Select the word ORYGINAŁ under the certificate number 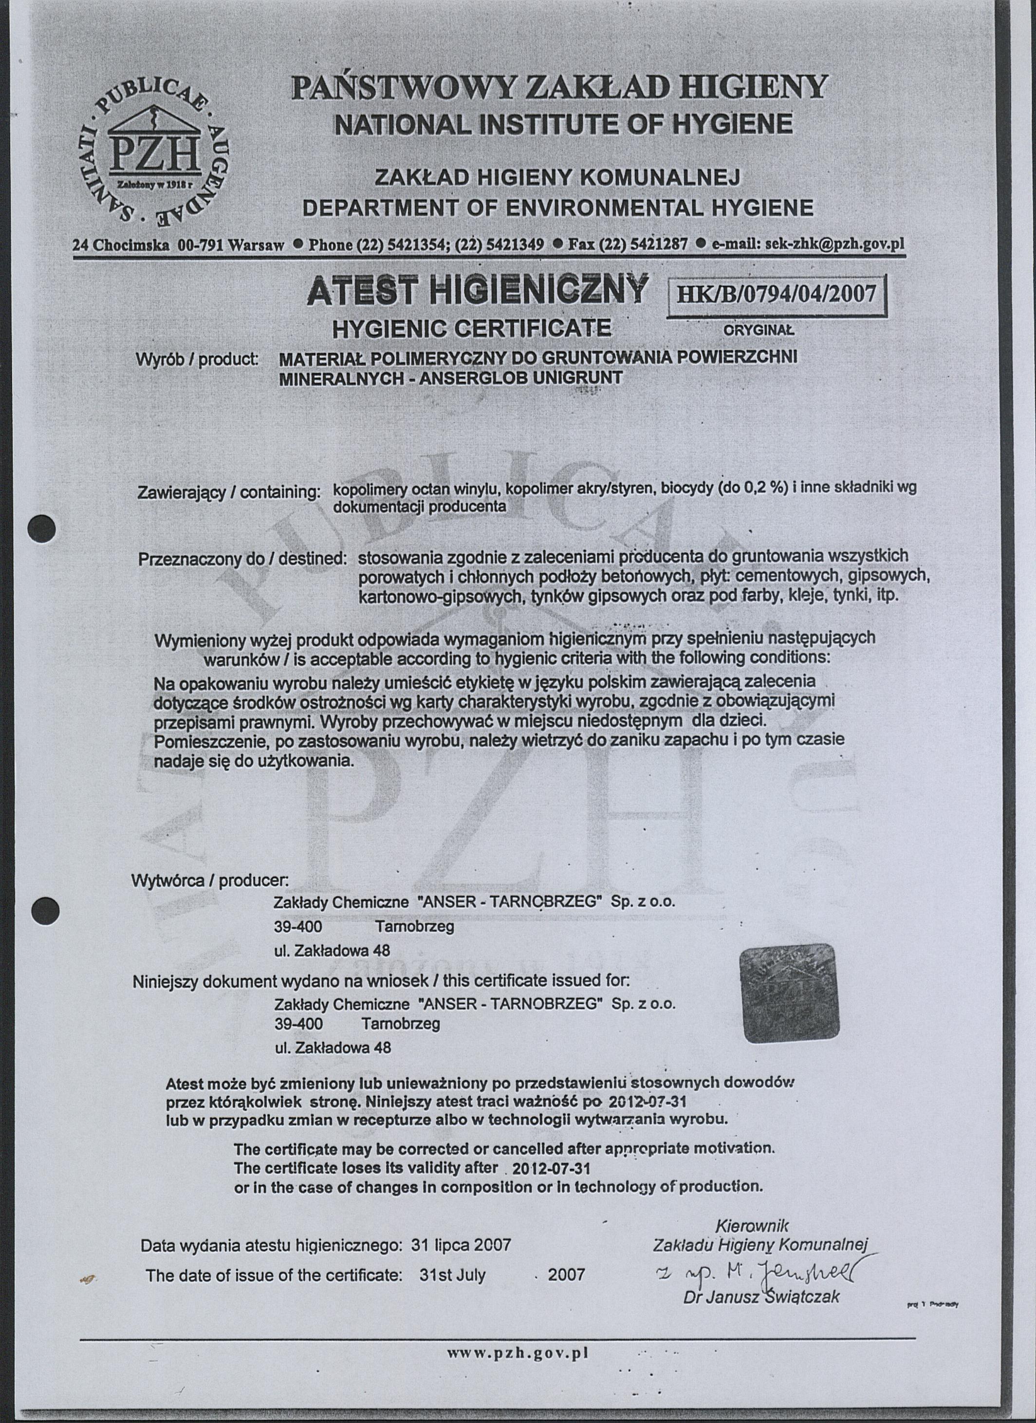(x=759, y=329)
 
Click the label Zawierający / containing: (x=229, y=492)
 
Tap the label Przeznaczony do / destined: (x=242, y=559)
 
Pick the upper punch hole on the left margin (x=43, y=528)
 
